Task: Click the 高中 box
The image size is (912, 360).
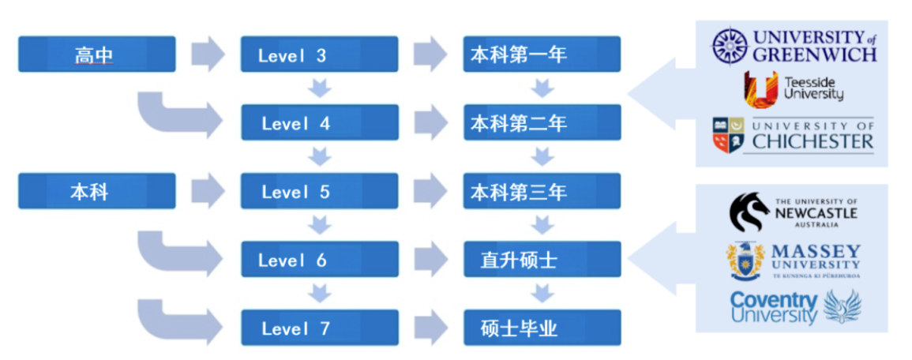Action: tap(96, 54)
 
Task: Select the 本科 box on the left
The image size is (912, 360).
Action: tap(96, 192)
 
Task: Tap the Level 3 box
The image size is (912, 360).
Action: tap(319, 54)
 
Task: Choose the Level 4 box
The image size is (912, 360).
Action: tap(319, 123)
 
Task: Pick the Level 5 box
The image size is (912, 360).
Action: tap(319, 192)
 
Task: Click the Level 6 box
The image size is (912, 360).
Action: tap(319, 260)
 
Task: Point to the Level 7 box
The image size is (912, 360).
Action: tap(319, 328)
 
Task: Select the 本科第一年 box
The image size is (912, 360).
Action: tap(542, 54)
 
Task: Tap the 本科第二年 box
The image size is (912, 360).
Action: tap(542, 123)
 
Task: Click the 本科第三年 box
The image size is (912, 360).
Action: tap(542, 192)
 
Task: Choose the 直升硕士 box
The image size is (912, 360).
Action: tap(542, 260)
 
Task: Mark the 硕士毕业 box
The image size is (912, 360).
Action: tap(542, 328)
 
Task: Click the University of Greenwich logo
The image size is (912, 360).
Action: tap(793, 47)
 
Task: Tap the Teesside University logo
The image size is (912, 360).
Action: tap(793, 88)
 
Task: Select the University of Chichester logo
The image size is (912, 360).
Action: tap(793, 136)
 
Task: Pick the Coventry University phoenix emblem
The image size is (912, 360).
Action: tap(843, 306)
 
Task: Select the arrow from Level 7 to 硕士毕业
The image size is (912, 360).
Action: tap(431, 328)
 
